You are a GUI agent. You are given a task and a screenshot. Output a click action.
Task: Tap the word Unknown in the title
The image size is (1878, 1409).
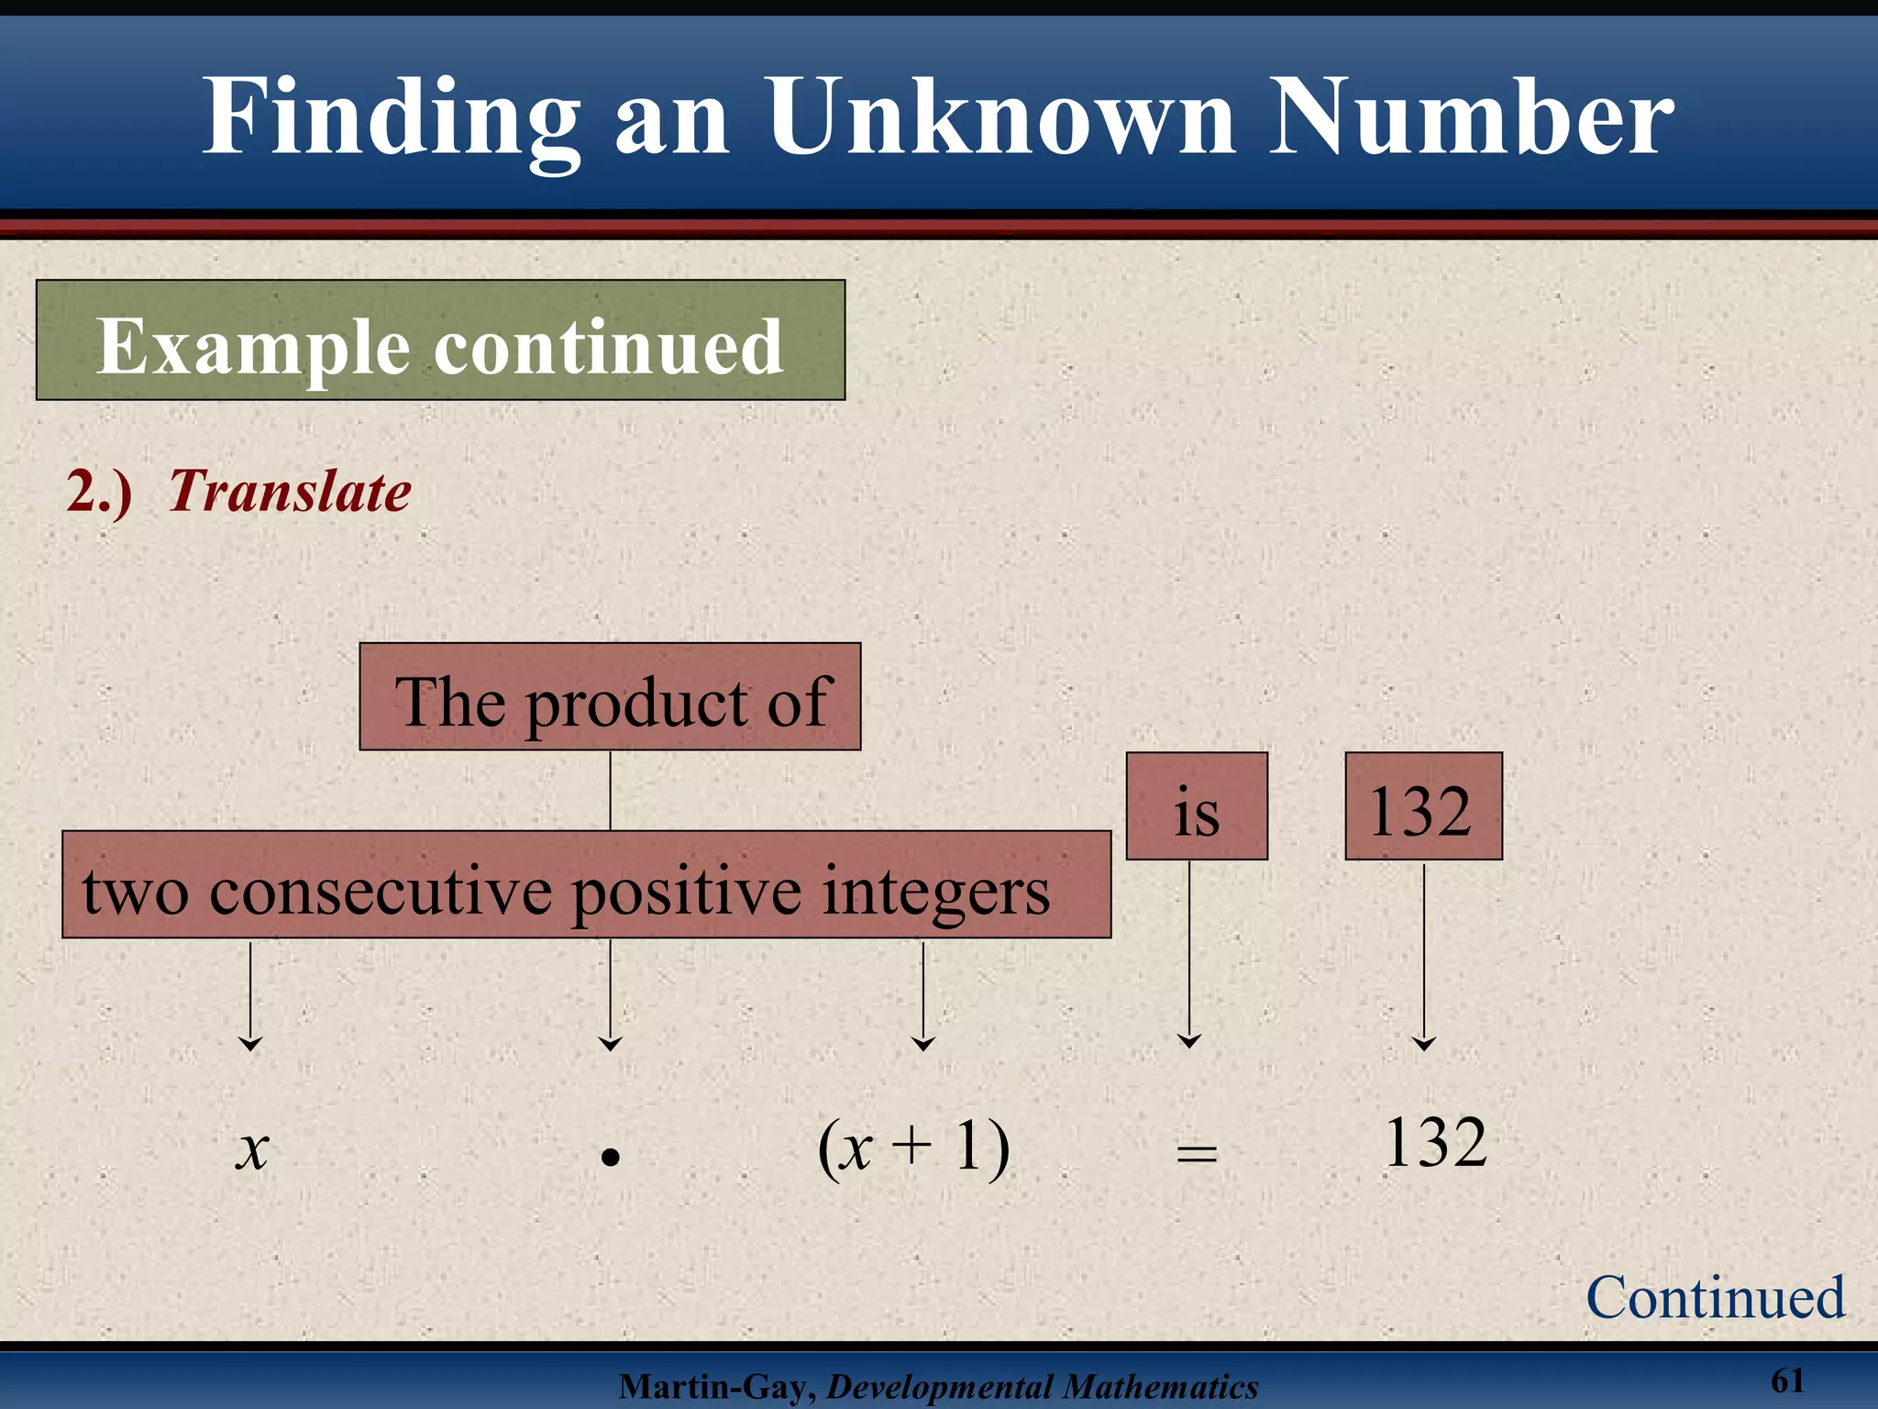pos(1002,116)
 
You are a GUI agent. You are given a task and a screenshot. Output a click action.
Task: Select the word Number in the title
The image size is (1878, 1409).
pos(1471,116)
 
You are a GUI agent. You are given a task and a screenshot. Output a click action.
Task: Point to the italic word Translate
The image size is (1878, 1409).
pos(290,492)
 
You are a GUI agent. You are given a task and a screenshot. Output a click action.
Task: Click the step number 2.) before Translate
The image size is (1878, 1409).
pos(99,492)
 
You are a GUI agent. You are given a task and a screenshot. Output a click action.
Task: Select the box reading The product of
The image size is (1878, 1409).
pos(610,698)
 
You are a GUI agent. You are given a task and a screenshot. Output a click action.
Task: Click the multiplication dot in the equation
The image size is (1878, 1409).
pos(611,1158)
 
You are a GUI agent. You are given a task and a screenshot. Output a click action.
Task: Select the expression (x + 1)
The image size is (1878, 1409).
pos(913,1147)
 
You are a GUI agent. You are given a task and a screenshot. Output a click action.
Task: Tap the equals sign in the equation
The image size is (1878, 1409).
pos(1197,1153)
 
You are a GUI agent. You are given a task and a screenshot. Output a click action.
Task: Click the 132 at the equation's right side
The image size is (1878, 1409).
pos(1435,1143)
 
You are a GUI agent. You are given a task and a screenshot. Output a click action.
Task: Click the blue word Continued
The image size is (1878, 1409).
pos(1715,1298)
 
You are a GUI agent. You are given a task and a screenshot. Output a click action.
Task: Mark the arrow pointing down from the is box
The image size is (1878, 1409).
pos(1189,954)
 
